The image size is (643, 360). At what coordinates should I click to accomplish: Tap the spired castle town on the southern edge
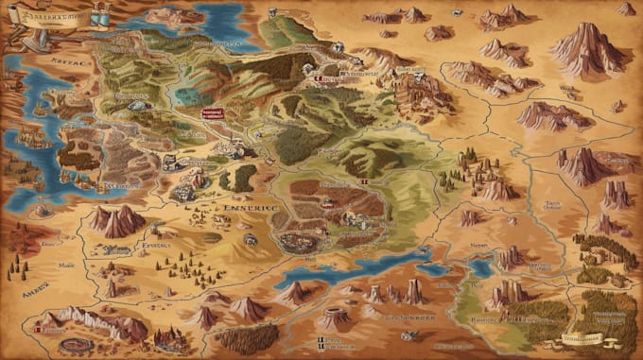click(x=170, y=336)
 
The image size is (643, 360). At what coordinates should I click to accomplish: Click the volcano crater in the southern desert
click(x=335, y=317)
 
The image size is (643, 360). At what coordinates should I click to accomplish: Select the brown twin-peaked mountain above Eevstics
click(x=117, y=220)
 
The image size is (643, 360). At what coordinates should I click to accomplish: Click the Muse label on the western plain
click(x=66, y=266)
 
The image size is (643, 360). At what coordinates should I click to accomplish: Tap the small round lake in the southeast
click(x=481, y=267)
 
